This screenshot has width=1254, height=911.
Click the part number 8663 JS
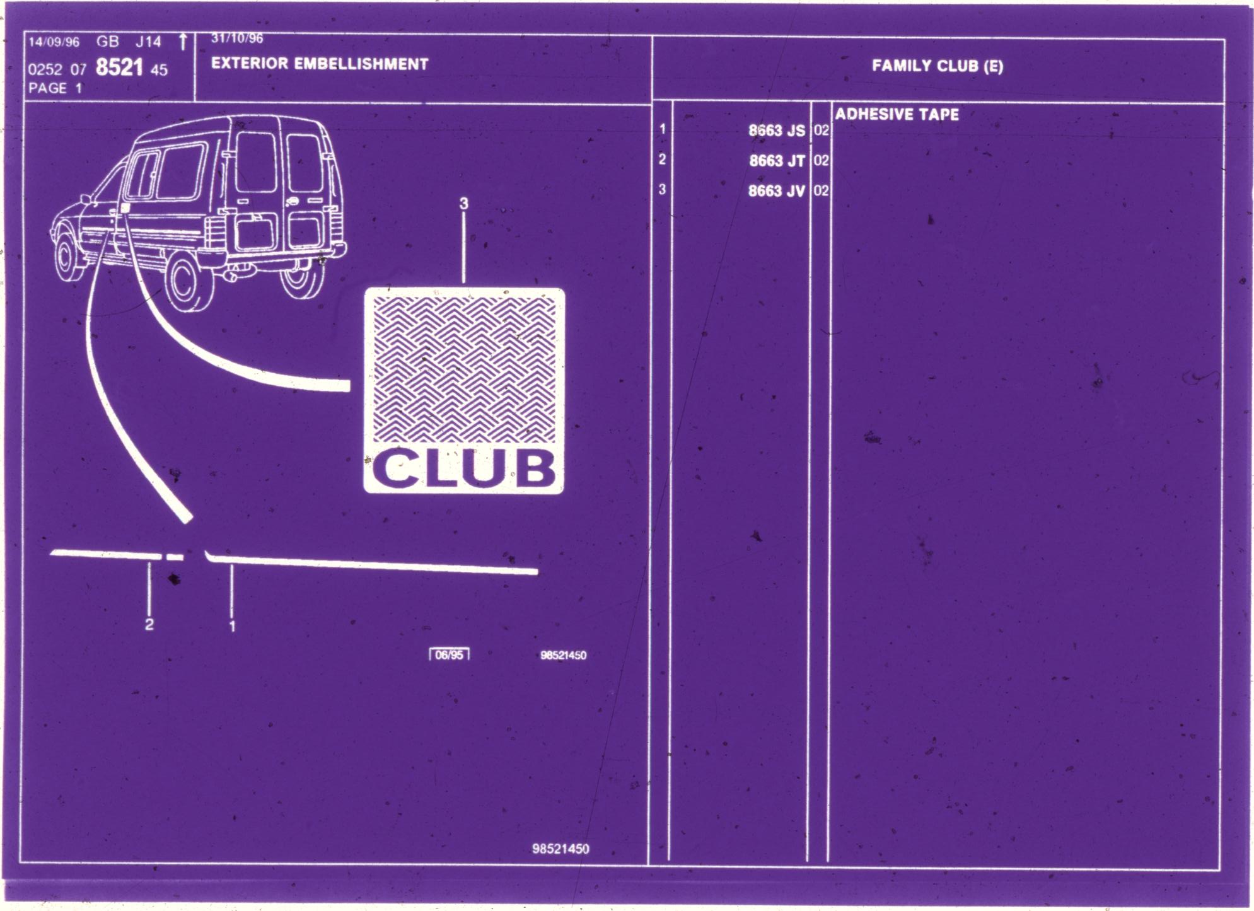pos(777,131)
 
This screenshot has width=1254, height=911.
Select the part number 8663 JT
pos(777,161)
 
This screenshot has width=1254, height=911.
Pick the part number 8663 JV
pos(777,191)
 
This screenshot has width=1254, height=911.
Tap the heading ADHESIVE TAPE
pos(897,115)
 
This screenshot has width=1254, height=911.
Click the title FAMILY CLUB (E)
pos(938,66)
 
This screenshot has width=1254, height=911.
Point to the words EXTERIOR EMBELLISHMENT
pos(320,64)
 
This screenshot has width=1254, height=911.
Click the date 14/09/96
pos(54,42)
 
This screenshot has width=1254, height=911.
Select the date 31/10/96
pos(237,38)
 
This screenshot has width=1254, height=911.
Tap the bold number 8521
pos(120,67)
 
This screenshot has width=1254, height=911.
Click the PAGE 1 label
pos(55,88)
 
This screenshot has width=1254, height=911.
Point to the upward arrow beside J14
pos(183,42)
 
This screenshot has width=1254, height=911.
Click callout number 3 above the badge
pos(464,204)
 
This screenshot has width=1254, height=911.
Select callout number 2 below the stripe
pos(149,625)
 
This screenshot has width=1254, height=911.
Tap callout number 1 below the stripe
pos(233,626)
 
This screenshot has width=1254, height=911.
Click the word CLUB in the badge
pos(464,468)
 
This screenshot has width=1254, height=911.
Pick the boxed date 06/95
pos(450,654)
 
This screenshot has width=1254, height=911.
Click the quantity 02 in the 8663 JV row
pos(821,190)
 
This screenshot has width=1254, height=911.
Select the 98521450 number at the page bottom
pos(560,849)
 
